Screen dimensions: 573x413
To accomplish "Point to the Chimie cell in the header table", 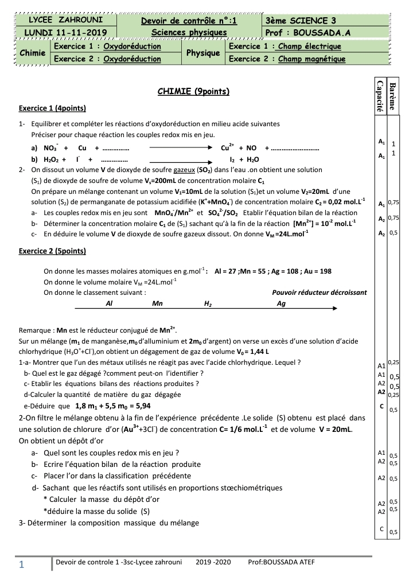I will (32, 53).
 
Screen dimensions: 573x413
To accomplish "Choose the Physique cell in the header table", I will (203, 53).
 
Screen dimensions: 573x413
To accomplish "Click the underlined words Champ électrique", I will (310, 46).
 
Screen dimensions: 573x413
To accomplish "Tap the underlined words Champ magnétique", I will (312, 59).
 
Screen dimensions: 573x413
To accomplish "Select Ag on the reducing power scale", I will (281, 304).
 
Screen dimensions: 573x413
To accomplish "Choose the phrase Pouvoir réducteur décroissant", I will (319, 292).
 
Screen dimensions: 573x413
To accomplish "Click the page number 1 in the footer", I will (21, 565).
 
